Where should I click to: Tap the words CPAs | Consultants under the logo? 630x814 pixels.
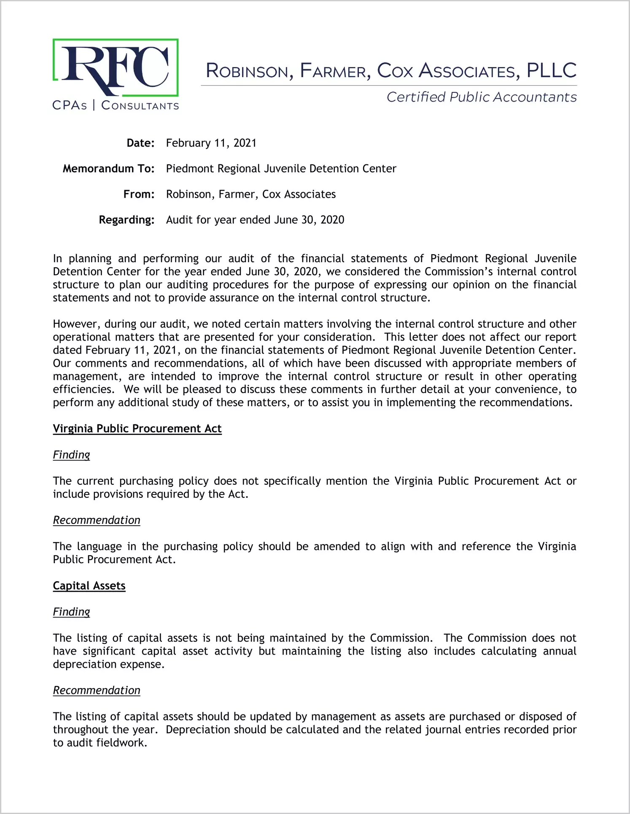tap(116, 105)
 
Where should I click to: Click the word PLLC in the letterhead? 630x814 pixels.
tap(552, 70)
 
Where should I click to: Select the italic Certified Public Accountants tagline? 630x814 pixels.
tap(482, 97)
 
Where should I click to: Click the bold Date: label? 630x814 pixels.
tap(140, 143)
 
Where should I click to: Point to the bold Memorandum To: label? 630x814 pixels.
tap(109, 169)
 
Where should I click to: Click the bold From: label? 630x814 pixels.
tap(139, 194)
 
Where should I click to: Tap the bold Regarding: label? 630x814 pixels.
tap(127, 220)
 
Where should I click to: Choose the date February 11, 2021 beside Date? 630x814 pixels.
tap(211, 143)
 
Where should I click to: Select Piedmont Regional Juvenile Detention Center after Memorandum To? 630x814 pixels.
tap(281, 169)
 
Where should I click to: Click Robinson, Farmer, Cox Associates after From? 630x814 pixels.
tap(251, 194)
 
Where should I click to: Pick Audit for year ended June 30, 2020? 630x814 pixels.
tap(255, 220)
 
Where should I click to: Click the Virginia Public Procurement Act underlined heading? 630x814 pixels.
tap(137, 429)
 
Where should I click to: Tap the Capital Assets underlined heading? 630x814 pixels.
tap(89, 586)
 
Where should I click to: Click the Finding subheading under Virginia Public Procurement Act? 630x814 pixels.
tap(71, 455)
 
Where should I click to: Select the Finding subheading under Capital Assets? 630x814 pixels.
tap(71, 612)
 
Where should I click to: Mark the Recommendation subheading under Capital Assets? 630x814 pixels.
tap(97, 690)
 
